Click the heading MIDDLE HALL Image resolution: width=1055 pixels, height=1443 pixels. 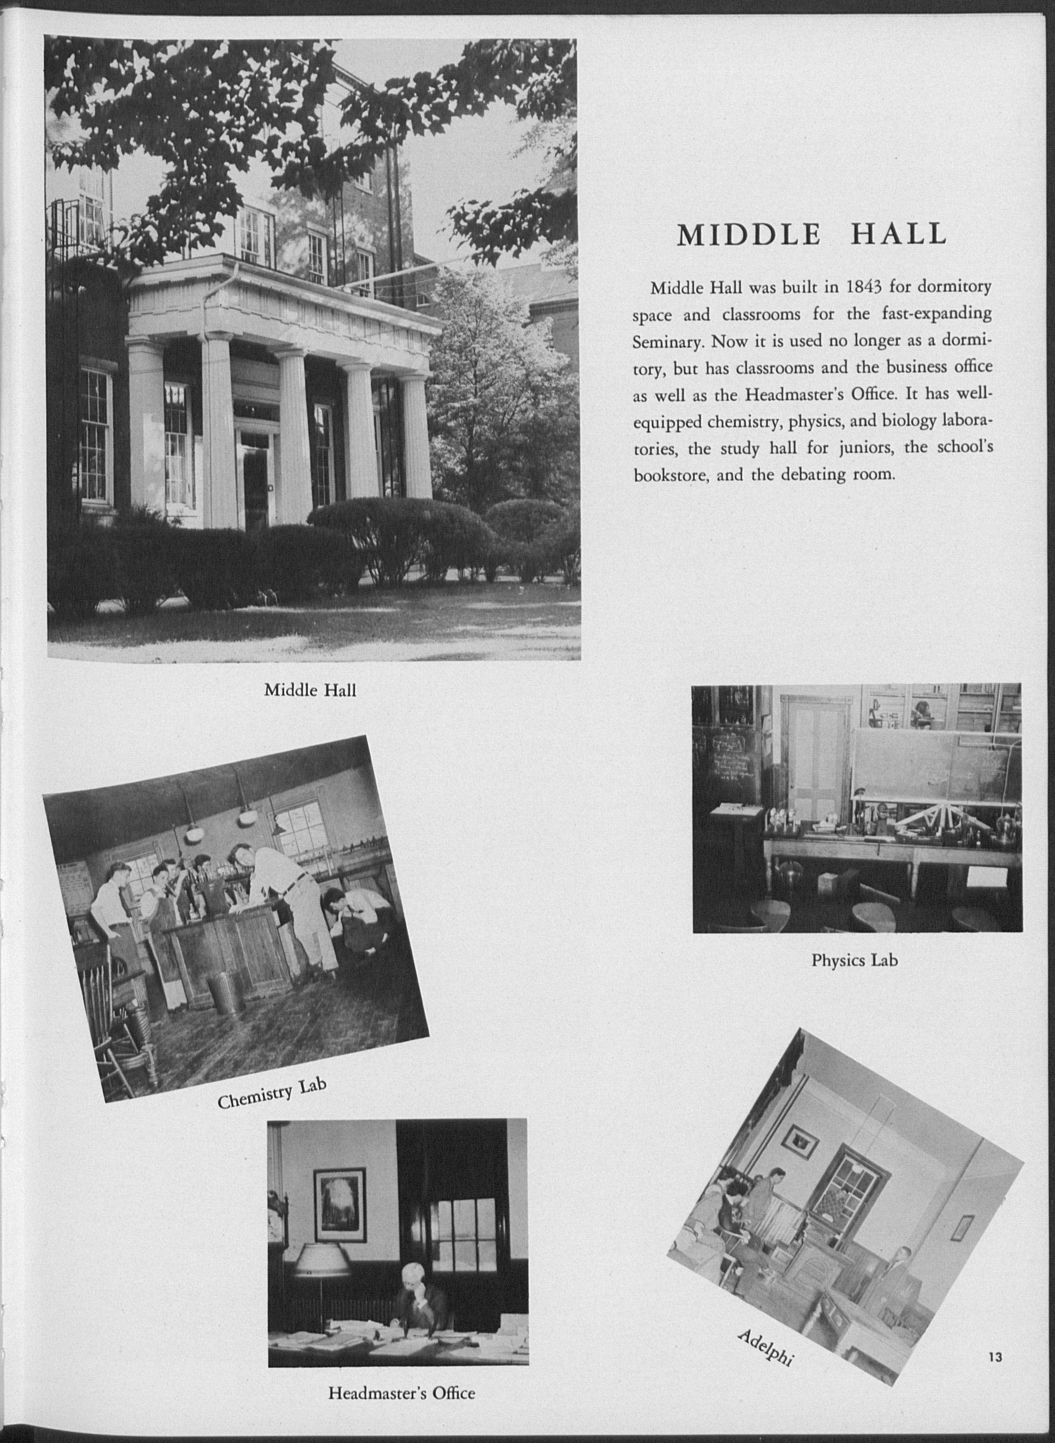pyautogui.click(x=811, y=236)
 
